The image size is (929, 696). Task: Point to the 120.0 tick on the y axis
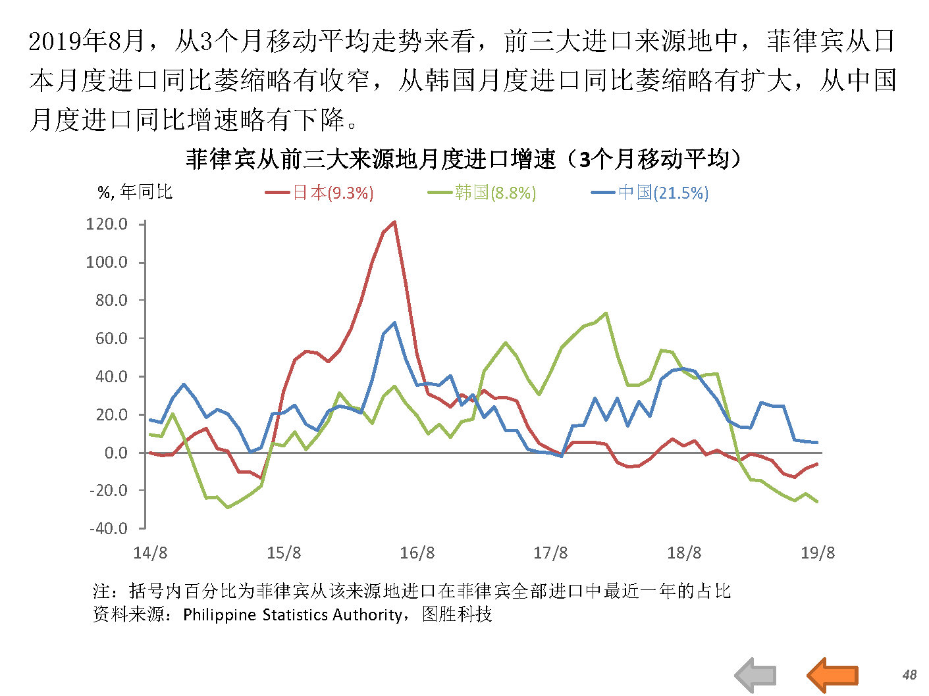point(107,224)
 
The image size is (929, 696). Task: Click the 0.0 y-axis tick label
point(116,453)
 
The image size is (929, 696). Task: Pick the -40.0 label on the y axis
point(108,528)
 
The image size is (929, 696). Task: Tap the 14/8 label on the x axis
point(150,553)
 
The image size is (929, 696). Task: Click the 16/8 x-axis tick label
point(417,553)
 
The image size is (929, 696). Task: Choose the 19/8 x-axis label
point(817,553)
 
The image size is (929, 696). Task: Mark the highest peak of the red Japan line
point(394,222)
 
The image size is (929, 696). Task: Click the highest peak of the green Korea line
point(606,313)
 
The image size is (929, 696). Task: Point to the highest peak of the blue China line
point(394,322)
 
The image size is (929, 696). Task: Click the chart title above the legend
point(464,159)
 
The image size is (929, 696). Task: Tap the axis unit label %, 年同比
point(135,192)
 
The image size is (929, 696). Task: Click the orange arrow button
point(832,675)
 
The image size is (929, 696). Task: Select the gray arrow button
point(756,675)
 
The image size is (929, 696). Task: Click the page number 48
point(909,675)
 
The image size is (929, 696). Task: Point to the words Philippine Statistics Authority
point(292,614)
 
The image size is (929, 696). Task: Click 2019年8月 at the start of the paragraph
point(87,42)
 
